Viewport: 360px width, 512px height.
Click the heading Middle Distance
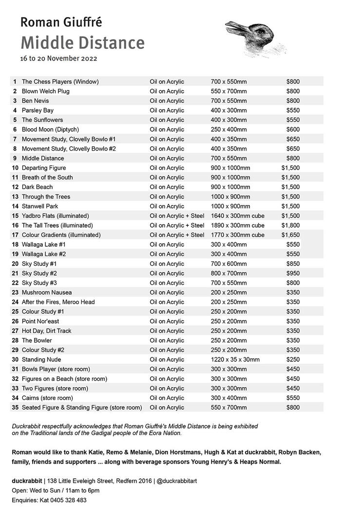[82, 43]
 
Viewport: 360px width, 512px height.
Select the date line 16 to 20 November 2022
[58, 59]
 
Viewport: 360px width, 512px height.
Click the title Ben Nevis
[35, 100]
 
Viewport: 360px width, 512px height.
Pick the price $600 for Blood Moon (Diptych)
[293, 129]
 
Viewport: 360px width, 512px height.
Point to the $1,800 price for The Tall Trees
[290, 225]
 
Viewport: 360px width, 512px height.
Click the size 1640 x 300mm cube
[238, 216]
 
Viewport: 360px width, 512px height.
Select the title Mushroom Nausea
[47, 293]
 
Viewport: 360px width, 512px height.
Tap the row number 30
[15, 359]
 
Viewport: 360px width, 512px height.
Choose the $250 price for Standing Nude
[293, 359]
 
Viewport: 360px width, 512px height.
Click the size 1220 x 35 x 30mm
[235, 359]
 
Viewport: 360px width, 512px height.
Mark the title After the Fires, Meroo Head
[58, 302]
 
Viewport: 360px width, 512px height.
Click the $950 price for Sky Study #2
[293, 273]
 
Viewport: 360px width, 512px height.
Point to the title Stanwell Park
[40, 206]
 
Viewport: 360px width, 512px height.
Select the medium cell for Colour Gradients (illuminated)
[177, 235]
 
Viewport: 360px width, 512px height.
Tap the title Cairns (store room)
[47, 398]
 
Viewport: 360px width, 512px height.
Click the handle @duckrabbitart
[177, 481]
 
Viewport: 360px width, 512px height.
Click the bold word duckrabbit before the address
[27, 481]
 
